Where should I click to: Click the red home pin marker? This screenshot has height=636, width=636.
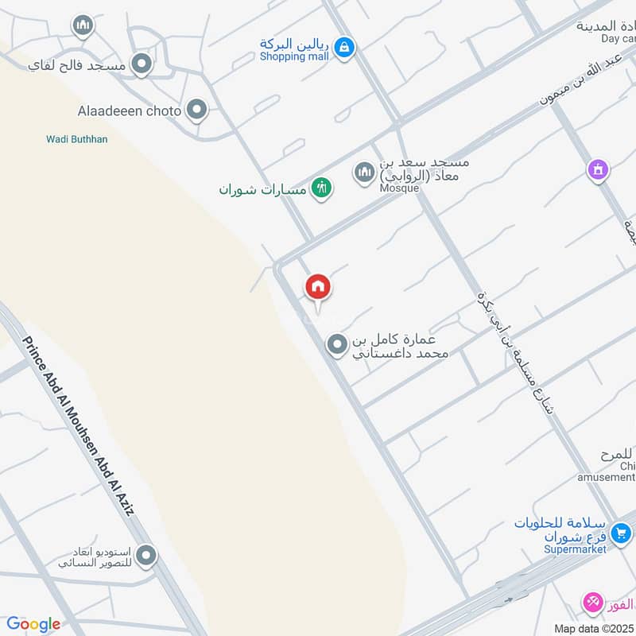pos(318,288)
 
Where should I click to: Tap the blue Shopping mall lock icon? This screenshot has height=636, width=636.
pos(343,48)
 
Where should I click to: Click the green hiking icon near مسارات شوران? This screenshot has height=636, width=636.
pos(321,188)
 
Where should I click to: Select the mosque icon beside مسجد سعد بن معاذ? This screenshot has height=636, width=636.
pos(364,173)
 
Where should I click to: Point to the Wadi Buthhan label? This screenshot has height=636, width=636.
pos(76,140)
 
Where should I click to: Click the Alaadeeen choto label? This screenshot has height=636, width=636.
pos(130,111)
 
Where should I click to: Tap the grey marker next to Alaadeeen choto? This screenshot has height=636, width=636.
pos(196,111)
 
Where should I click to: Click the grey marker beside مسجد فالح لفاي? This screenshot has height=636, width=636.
pos(142,64)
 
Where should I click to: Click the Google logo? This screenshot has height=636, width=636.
pos(33,624)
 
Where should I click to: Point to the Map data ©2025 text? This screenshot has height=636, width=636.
pos(594,629)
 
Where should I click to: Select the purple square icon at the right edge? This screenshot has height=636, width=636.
pos(598,169)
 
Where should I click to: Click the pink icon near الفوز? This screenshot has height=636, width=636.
pos(592,603)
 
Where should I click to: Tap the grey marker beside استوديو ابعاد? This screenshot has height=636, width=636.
pos(145,556)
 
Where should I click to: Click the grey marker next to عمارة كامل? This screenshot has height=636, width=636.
pos(337,345)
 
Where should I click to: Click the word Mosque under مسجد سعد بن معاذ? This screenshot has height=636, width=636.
pos(398,188)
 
